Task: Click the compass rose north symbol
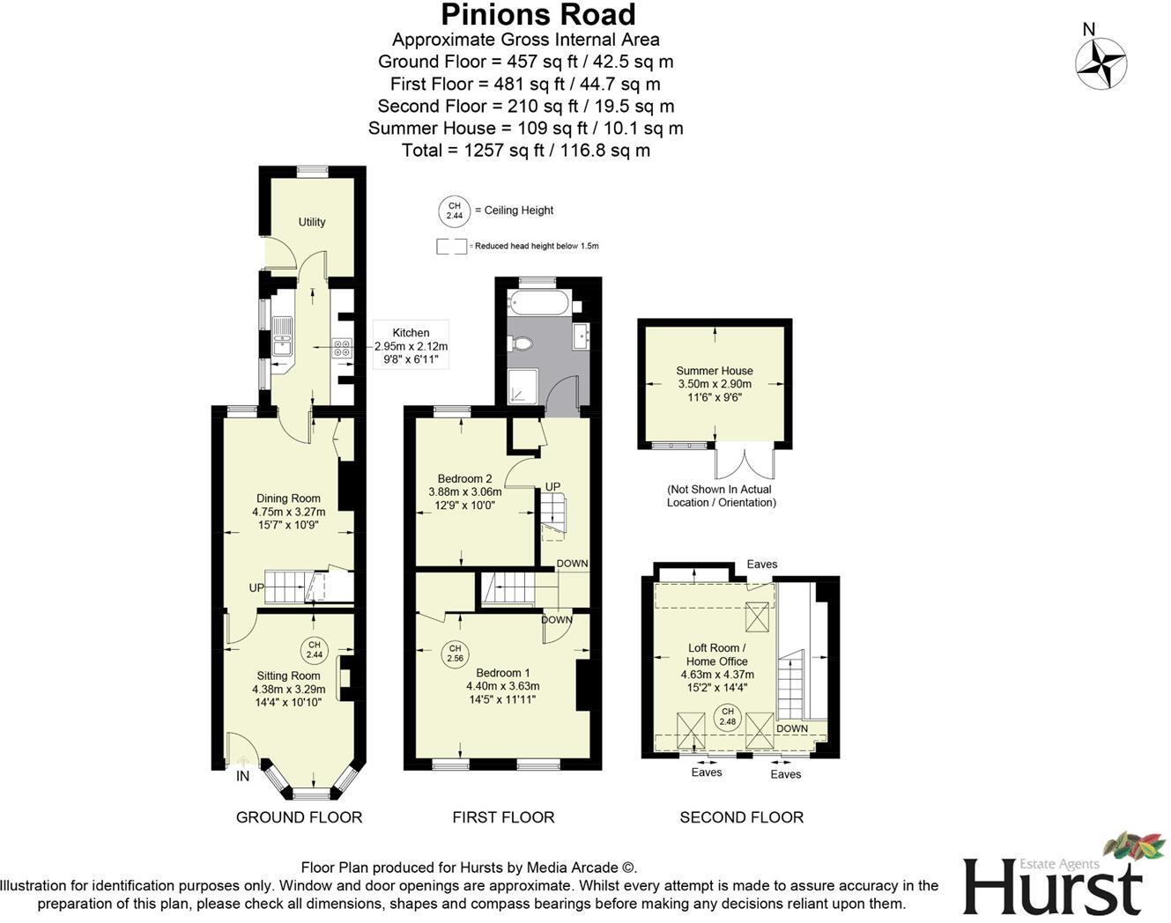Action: pyautogui.click(x=1101, y=64)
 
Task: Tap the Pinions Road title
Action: pyautogui.click(x=537, y=15)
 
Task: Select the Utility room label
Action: pyautogui.click(x=311, y=222)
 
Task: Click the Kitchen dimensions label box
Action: pyautogui.click(x=411, y=346)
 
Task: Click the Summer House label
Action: pyautogui.click(x=714, y=371)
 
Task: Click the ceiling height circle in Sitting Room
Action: pyautogui.click(x=314, y=650)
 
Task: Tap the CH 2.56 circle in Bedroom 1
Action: pyautogui.click(x=455, y=653)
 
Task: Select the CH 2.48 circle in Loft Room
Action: pyautogui.click(x=727, y=717)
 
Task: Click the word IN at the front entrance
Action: pyautogui.click(x=243, y=777)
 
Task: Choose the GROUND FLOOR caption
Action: pyautogui.click(x=299, y=817)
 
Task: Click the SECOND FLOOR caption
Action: pyautogui.click(x=741, y=817)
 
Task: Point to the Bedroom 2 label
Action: pyautogui.click(x=464, y=479)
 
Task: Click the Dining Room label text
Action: pyautogui.click(x=288, y=498)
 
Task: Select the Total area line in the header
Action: pyautogui.click(x=525, y=151)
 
